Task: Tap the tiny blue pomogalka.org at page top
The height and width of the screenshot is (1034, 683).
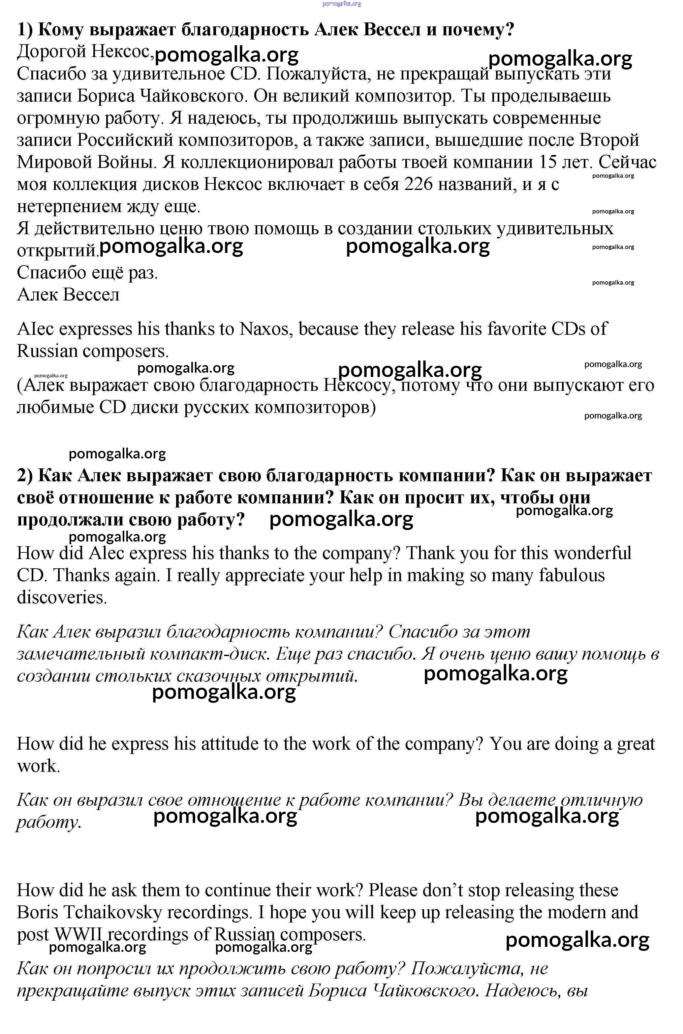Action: [x=342, y=4]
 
